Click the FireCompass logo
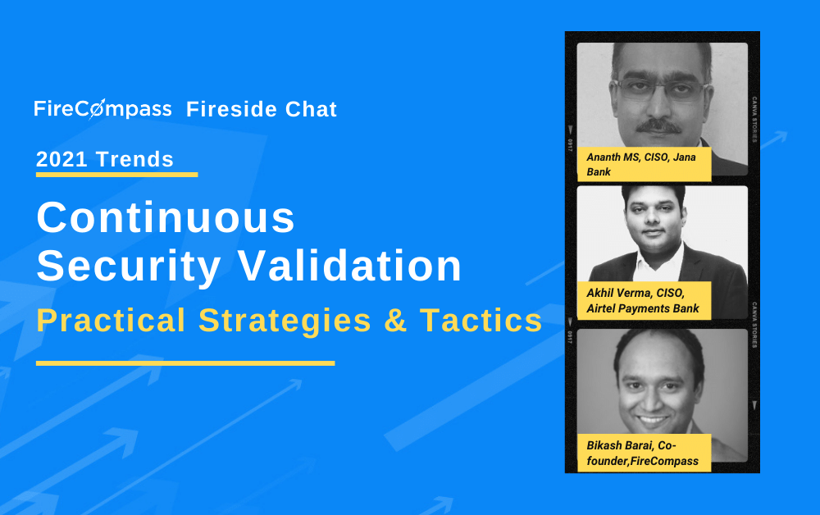tap(102, 109)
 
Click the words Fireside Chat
tap(262, 109)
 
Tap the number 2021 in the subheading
tap(61, 159)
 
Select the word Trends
tap(135, 159)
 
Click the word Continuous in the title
tap(166, 217)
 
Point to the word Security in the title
tap(129, 267)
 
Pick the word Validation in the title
tap(350, 266)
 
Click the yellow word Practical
tap(111, 320)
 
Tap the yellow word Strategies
tap(285, 321)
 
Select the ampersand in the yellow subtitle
tap(395, 321)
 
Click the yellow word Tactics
tap(481, 321)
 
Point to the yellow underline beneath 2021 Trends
tap(116, 175)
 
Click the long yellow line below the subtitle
tap(185, 362)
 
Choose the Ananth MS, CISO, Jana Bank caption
tap(645, 164)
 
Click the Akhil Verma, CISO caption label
tap(645, 301)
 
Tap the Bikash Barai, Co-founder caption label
tap(645, 453)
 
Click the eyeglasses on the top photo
tap(661, 89)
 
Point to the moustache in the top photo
tap(659, 126)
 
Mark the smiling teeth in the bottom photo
tap(652, 419)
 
